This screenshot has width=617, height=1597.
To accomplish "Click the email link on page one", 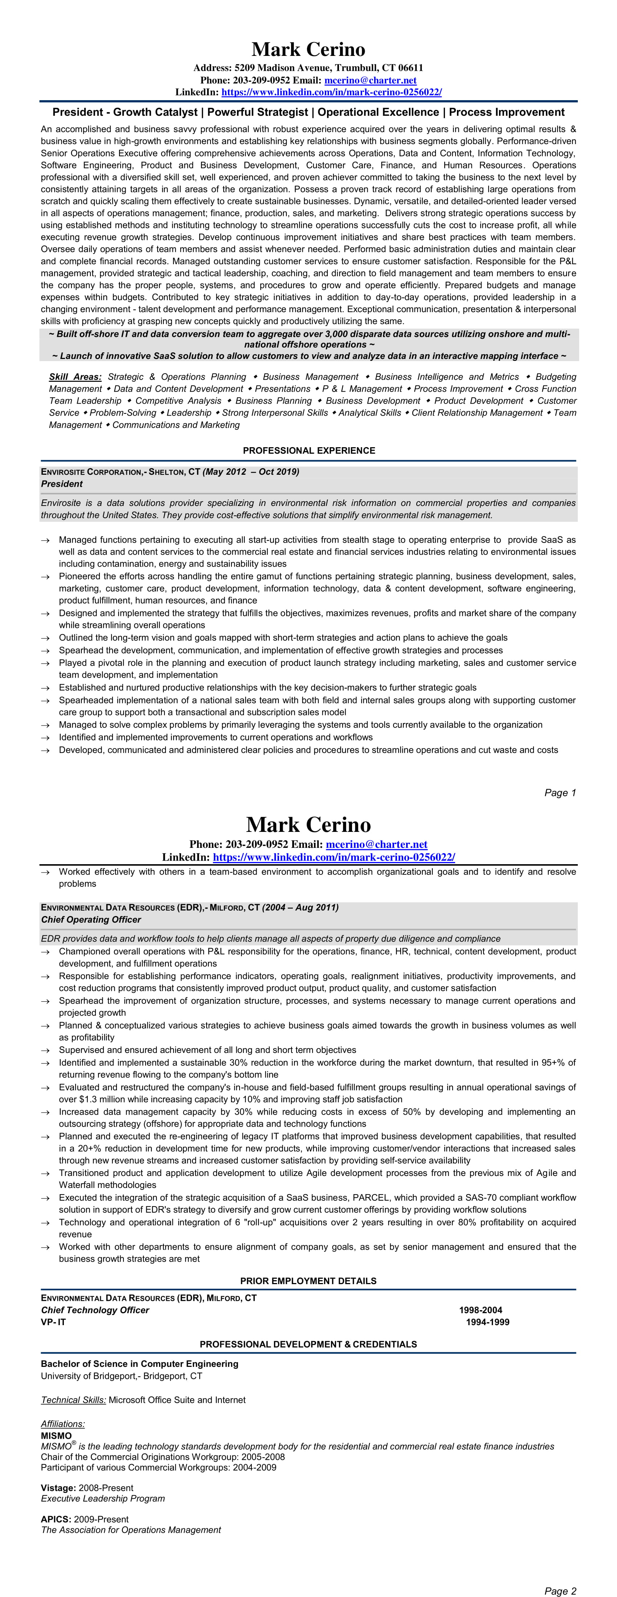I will [370, 80].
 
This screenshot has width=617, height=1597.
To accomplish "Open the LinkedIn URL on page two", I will [334, 857].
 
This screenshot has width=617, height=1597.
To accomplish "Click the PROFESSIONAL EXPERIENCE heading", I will [309, 451].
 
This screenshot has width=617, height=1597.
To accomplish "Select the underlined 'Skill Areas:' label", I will [75, 377].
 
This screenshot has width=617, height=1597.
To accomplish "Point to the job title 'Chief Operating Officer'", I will [90, 919].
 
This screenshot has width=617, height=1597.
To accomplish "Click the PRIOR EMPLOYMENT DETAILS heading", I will [308, 1281].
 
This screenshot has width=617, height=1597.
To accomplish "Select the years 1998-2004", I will [481, 1310].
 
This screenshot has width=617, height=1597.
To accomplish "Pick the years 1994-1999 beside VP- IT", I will [487, 1322].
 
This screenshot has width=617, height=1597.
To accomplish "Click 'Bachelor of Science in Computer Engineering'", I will [139, 1364].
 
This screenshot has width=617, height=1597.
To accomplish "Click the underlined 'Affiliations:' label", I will [63, 1424].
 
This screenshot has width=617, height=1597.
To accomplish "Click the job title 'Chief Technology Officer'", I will [95, 1310].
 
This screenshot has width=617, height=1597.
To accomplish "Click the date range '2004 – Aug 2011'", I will [301, 908].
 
